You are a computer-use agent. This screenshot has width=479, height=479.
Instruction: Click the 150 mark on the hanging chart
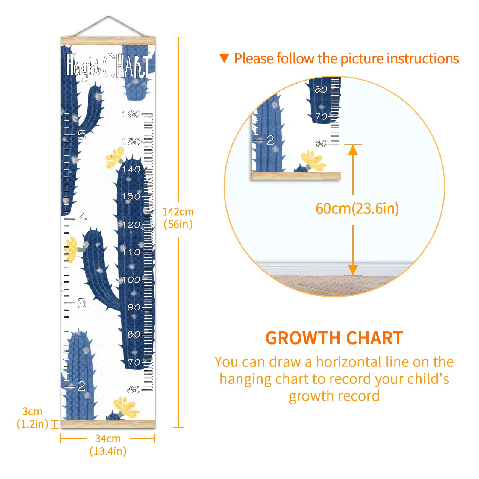(x=131, y=142)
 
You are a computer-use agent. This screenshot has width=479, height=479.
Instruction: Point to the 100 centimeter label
(x=131, y=280)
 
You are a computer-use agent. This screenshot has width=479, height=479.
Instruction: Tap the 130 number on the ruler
(x=131, y=197)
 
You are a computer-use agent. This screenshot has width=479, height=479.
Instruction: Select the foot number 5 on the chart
(x=82, y=134)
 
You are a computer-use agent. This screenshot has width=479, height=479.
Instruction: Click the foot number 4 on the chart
(x=82, y=218)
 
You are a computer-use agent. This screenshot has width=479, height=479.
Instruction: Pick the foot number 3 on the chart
(x=82, y=303)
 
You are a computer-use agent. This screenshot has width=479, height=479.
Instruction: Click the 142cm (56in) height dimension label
(x=178, y=218)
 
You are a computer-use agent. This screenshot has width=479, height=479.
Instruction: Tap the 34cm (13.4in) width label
(x=108, y=445)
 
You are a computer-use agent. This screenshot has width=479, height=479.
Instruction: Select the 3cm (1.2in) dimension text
(x=32, y=418)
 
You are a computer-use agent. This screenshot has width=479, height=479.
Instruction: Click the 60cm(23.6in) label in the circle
(x=357, y=209)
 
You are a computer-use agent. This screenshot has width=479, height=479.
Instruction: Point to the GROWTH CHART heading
(x=334, y=338)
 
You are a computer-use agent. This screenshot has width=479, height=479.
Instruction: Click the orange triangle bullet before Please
(x=224, y=58)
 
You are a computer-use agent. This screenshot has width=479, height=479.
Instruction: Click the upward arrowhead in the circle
(x=353, y=150)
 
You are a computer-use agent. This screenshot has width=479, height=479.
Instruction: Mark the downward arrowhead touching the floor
(x=353, y=270)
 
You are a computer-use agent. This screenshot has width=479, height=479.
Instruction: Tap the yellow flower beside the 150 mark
(x=115, y=157)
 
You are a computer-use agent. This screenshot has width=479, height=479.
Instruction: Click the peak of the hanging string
(x=109, y=16)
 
